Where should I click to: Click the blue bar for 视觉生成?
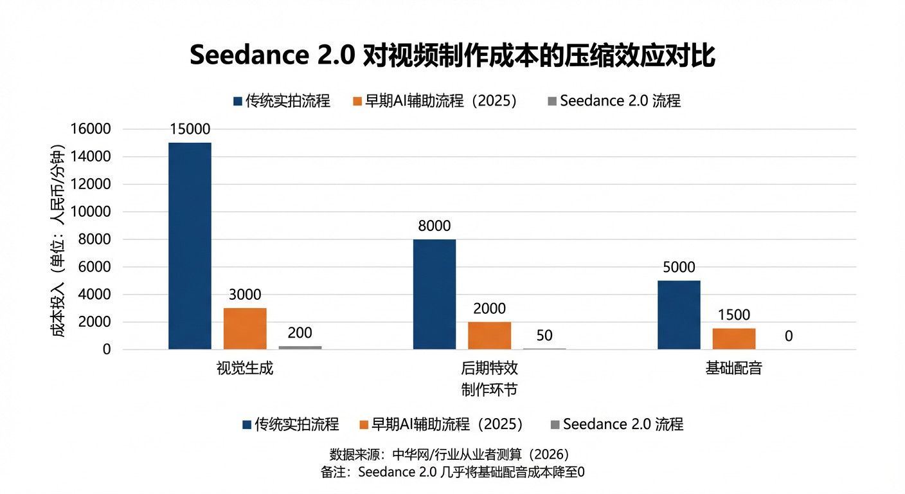pyautogui.click(x=190, y=246)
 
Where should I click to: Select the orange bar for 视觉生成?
pyautogui.click(x=245, y=329)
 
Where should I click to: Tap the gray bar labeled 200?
pyautogui.click(x=300, y=347)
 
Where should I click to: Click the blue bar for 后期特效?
pyautogui.click(x=435, y=295)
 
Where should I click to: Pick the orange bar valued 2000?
pyautogui.click(x=490, y=336)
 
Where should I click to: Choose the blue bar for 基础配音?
pyautogui.click(x=679, y=315)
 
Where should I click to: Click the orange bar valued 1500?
pyautogui.click(x=734, y=339)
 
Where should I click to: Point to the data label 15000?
pyautogui.click(x=190, y=129)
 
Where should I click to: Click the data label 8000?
pyautogui.click(x=434, y=226)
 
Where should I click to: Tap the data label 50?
pyautogui.click(x=544, y=336)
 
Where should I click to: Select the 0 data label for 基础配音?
pyautogui.click(x=789, y=336)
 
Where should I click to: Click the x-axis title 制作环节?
pyautogui.click(x=489, y=390)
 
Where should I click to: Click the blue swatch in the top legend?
pyautogui.click(x=238, y=102)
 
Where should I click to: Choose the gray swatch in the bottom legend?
pyautogui.click(x=555, y=425)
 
